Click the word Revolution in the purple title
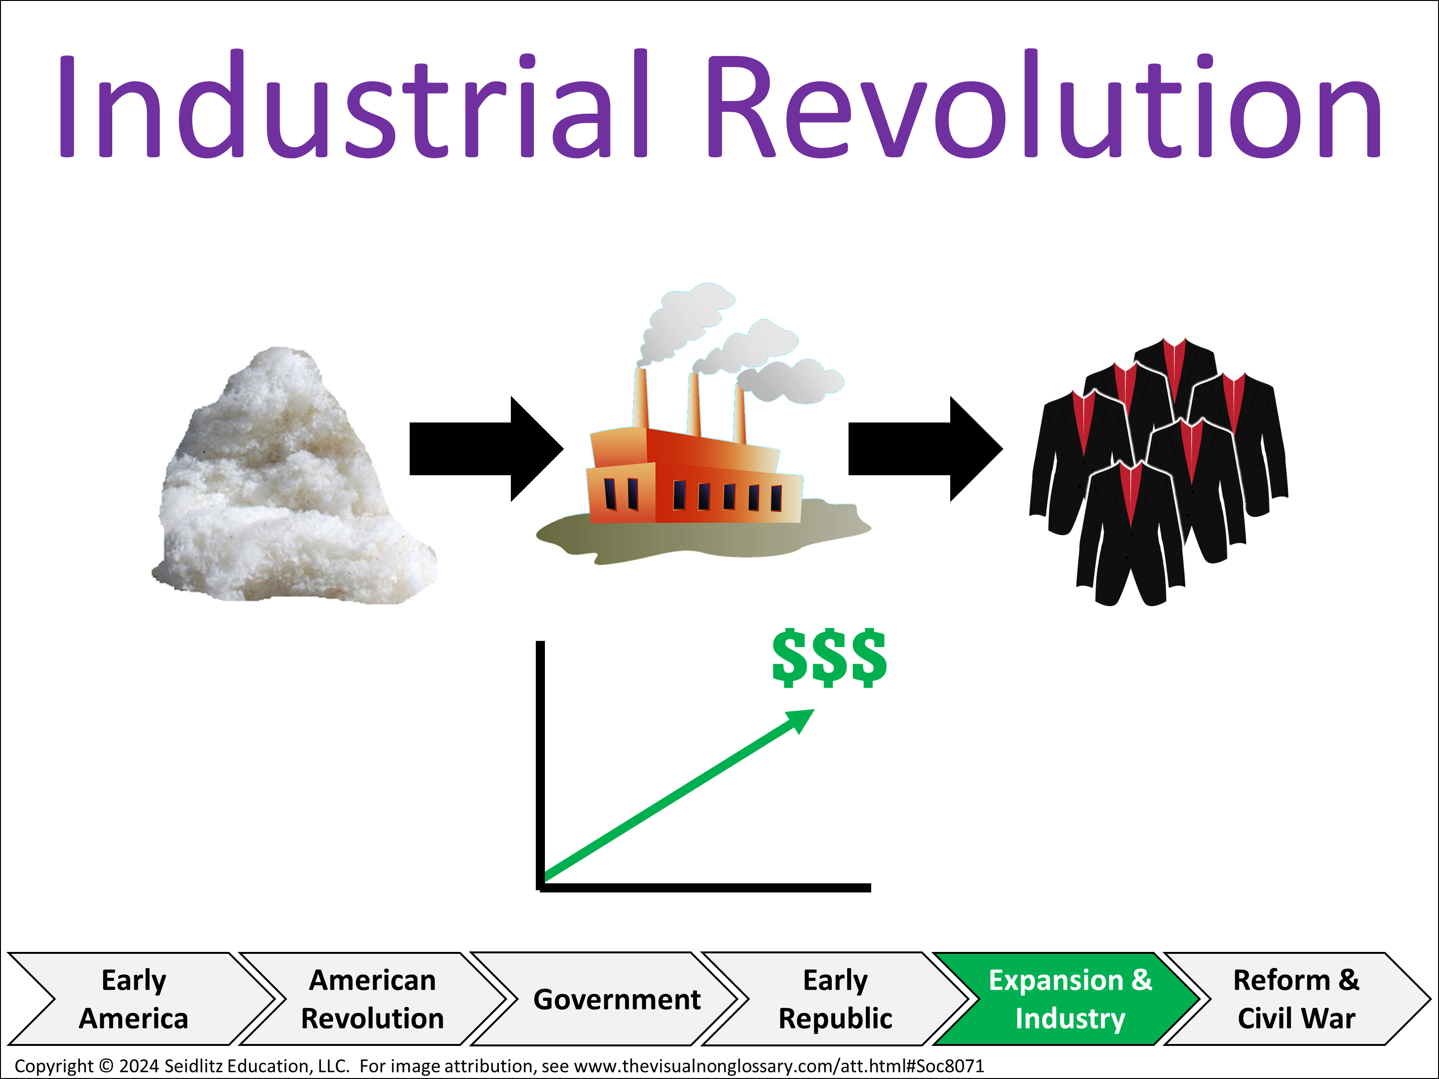[1045, 104]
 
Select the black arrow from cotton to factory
[486, 449]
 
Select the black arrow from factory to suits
[925, 449]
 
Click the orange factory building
[695, 475]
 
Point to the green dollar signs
[829, 657]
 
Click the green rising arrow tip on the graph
[814, 709]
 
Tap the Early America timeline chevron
[140, 999]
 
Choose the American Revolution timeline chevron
[372, 999]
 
